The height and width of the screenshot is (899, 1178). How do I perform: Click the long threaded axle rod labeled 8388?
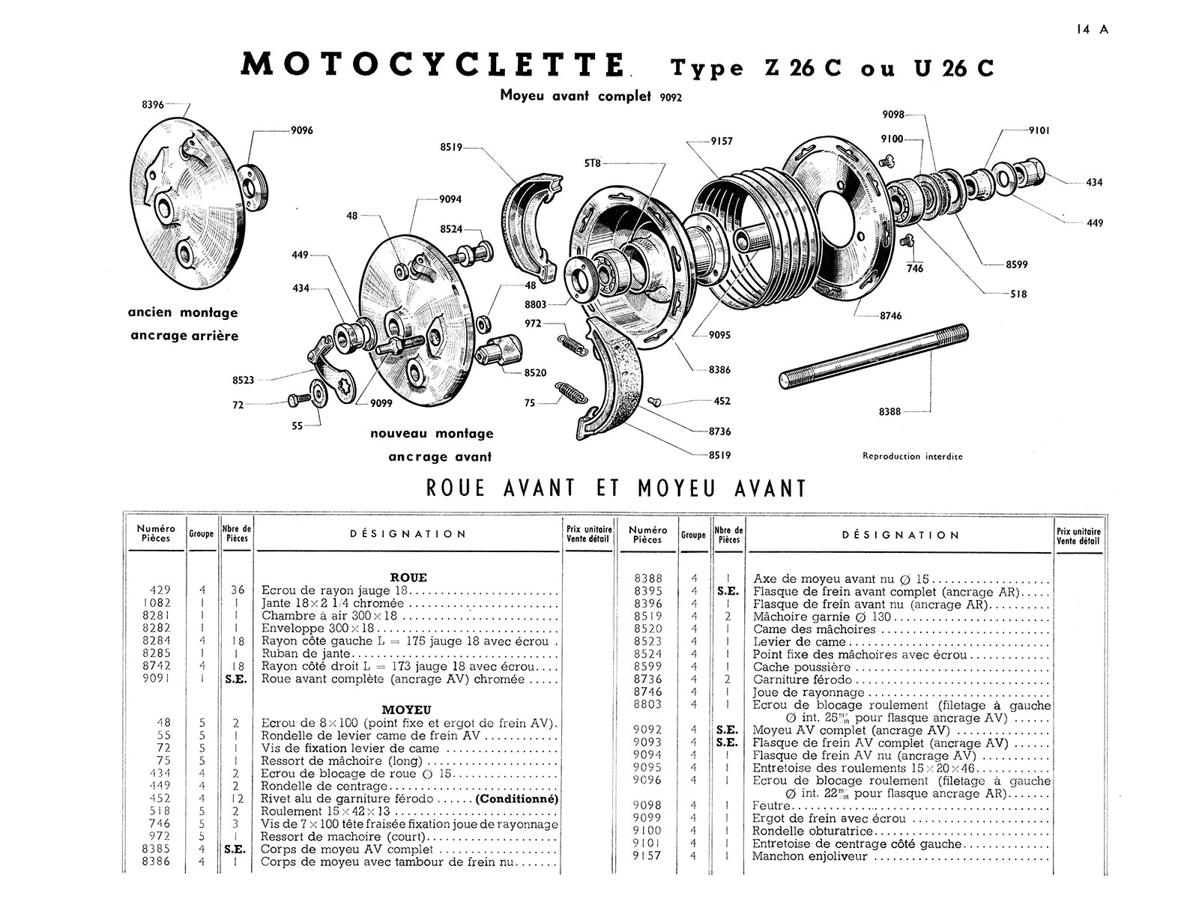click(874, 356)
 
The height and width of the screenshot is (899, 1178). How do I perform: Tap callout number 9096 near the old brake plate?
click(301, 130)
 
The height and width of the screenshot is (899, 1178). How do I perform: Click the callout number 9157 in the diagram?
click(722, 141)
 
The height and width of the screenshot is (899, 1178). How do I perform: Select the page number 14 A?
click(1092, 29)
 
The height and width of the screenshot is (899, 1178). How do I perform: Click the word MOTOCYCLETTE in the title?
click(432, 65)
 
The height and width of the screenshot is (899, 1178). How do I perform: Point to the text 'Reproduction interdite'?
click(912, 456)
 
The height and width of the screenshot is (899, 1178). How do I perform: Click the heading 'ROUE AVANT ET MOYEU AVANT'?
click(616, 488)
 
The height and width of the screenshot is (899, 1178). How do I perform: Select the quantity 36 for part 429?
click(238, 590)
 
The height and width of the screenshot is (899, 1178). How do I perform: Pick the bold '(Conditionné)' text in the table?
click(517, 799)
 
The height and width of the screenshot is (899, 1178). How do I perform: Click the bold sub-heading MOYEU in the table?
click(407, 709)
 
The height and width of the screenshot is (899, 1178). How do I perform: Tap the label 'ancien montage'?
click(182, 312)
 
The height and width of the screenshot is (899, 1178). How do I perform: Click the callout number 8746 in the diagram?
click(890, 316)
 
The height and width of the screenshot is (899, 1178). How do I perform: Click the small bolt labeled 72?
click(299, 399)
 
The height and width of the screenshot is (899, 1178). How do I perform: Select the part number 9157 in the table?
click(647, 856)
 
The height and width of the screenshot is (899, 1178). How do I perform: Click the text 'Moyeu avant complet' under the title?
click(576, 95)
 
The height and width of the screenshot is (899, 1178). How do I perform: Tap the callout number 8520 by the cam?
click(535, 373)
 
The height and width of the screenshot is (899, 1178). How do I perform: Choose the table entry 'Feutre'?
click(771, 805)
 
